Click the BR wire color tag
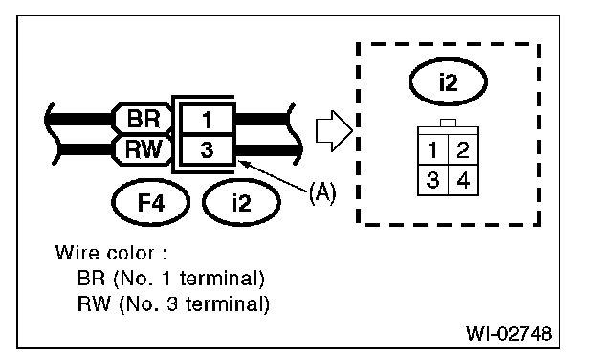tap(143, 119)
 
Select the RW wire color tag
tap(143, 149)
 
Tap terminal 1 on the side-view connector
tap(207, 120)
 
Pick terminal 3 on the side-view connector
tap(207, 149)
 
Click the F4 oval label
tap(151, 202)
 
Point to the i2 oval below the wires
tap(241, 202)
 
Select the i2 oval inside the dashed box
tap(448, 82)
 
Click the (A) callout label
tap(322, 192)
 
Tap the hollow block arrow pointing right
tap(334, 131)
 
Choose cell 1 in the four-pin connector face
tap(432, 149)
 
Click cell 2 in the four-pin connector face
tap(463, 149)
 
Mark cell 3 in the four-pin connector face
tap(432, 180)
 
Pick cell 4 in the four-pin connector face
tap(463, 180)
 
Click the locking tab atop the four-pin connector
tap(448, 123)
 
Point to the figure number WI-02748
tap(509, 333)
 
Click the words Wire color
tap(104, 253)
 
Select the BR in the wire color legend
tap(91, 278)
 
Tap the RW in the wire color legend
tap(94, 304)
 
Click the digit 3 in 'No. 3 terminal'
tap(172, 304)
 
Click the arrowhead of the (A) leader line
tap(243, 163)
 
